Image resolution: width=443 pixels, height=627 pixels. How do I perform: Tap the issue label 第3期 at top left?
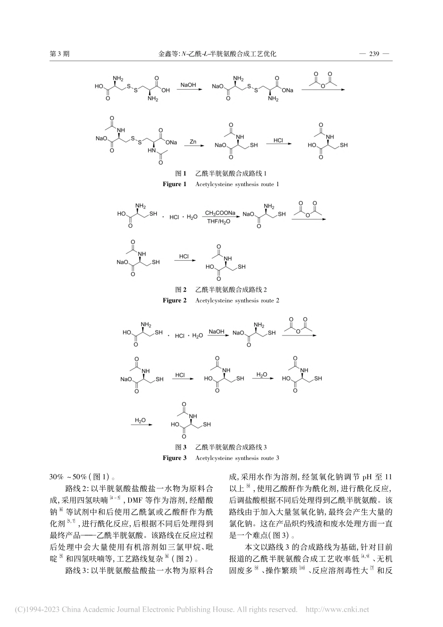point(59,54)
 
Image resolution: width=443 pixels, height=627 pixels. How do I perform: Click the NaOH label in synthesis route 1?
point(188,85)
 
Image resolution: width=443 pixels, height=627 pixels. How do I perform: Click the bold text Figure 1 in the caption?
point(174,184)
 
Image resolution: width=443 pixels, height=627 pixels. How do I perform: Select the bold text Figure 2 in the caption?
point(174,300)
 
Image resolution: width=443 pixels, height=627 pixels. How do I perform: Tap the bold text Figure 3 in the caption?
point(174,458)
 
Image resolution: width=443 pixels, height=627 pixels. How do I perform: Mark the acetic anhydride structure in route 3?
point(298,325)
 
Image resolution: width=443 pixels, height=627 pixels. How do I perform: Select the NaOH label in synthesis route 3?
point(216,332)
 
